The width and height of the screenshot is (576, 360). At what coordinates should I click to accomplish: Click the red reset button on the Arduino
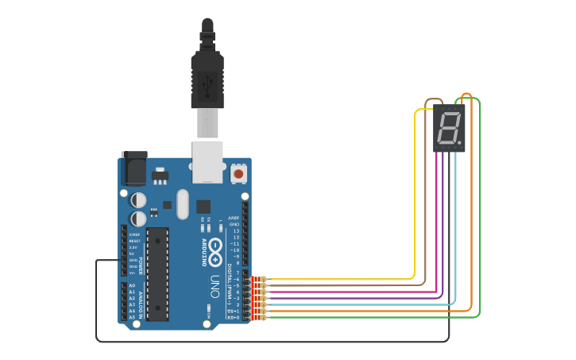238,172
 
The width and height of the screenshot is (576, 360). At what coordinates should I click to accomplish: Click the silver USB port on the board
207,162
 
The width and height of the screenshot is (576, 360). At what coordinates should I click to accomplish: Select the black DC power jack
133,169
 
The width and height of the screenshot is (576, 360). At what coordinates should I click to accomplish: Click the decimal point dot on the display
460,139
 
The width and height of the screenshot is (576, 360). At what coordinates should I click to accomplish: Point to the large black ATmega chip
157,273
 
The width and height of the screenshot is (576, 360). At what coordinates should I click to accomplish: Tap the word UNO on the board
216,283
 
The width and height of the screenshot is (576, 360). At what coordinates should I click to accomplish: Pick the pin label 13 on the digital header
235,230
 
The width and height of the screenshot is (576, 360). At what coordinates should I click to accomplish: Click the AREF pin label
234,218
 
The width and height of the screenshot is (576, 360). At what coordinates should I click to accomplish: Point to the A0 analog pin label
132,285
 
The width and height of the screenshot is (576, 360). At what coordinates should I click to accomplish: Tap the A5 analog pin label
132,317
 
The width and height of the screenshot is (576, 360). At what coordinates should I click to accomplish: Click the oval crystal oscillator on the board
183,203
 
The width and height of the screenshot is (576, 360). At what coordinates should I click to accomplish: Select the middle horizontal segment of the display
448,126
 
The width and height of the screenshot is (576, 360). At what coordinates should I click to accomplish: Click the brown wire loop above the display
434,101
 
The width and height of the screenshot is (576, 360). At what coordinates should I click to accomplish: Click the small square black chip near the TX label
203,205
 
